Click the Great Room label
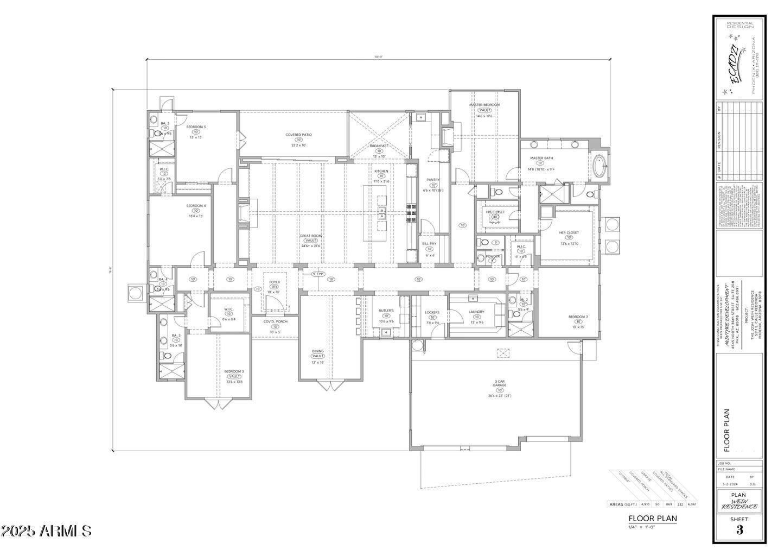tap(311, 236)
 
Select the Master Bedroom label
tap(484, 105)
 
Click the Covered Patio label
tap(299, 135)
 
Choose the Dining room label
tap(317, 351)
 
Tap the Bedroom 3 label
tap(234, 371)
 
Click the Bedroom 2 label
tap(578, 317)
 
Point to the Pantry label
tap(432, 180)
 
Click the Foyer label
tap(275, 282)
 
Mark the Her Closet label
tap(569, 232)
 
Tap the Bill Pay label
tap(429, 244)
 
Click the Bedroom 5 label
tap(196, 127)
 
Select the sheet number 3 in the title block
tap(739, 530)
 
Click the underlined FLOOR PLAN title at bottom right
tap(652, 518)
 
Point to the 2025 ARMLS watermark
tap(46, 530)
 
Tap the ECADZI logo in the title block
tap(734, 64)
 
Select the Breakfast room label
tap(379, 146)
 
